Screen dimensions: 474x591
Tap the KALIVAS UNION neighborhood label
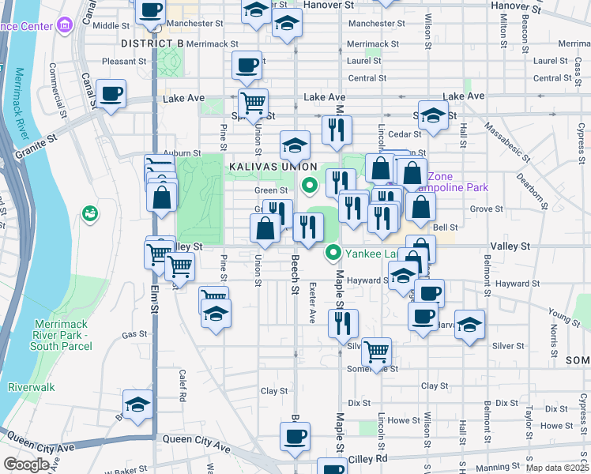(x=273, y=167)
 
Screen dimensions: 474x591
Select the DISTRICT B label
(x=152, y=41)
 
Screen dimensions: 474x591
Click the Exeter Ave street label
(x=312, y=303)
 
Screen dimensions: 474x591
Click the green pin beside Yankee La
(x=333, y=253)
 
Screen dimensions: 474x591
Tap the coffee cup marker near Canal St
(x=111, y=95)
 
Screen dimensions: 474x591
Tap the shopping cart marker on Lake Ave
(x=253, y=103)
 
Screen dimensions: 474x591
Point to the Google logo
(x=27, y=465)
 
